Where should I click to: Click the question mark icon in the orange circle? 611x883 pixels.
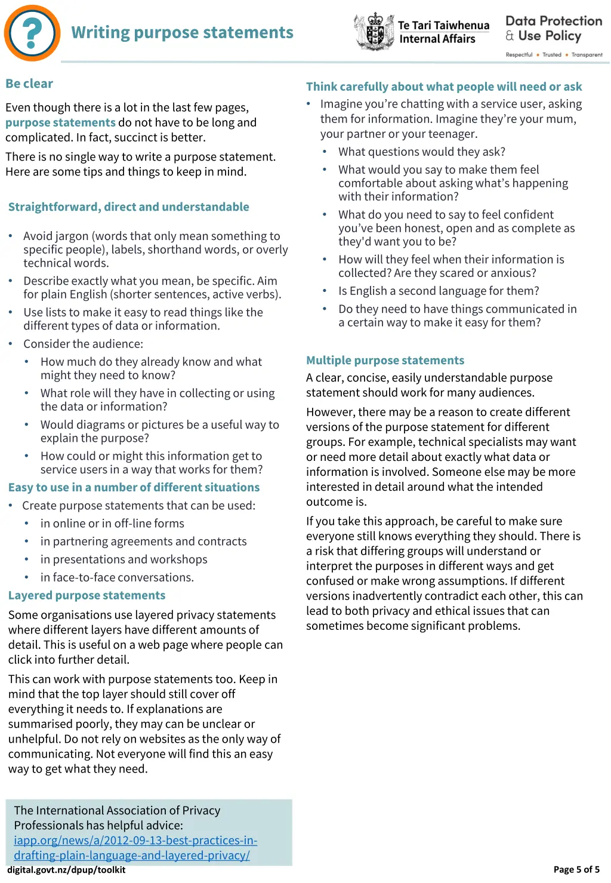coord(32,33)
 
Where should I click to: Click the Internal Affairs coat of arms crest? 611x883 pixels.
coord(374,31)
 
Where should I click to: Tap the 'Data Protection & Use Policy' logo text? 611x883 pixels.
coord(553,29)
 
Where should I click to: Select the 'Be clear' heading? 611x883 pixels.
coord(29,84)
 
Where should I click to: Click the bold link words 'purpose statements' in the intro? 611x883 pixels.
coord(60,122)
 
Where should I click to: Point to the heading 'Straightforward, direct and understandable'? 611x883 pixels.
coord(128,207)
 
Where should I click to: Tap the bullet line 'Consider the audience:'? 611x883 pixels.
coord(83,344)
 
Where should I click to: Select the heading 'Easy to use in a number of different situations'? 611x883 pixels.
coord(134,488)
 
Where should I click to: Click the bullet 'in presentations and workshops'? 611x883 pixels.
coord(124,559)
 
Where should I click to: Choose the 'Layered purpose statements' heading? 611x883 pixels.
coord(87,596)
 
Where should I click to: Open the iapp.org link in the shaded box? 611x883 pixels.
coord(135,848)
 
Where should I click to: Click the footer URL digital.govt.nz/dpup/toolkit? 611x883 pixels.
coord(66,870)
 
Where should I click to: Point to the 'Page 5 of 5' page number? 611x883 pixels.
coord(576,870)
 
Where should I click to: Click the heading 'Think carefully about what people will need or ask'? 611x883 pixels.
coord(444,87)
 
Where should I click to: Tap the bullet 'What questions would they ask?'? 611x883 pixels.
coord(421,152)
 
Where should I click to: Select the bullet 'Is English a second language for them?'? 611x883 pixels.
coord(439,291)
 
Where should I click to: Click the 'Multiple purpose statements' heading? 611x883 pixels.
coord(385,361)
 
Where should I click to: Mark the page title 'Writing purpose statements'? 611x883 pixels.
coord(182,33)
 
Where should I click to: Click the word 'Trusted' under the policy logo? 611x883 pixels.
coord(552,55)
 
